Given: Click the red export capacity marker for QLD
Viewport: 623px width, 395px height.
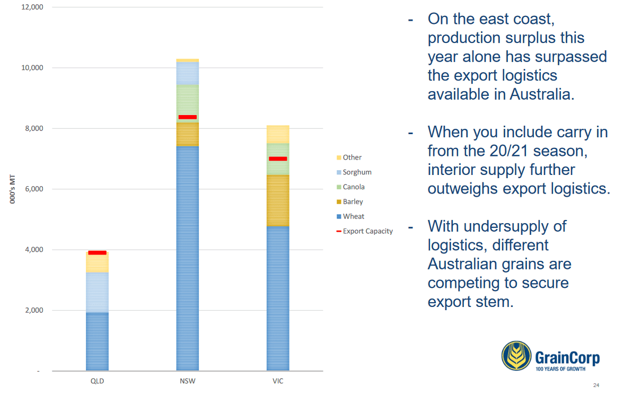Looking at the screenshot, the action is click(98, 253).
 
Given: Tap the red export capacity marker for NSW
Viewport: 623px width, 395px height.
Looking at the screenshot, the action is click(188, 117).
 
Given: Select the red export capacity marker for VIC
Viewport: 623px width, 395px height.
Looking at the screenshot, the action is click(278, 159).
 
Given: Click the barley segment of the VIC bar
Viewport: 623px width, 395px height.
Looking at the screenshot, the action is click(278, 200).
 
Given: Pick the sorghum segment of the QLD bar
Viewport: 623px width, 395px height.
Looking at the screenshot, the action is click(98, 293).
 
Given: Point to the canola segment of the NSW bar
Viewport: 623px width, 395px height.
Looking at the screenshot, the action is click(188, 104).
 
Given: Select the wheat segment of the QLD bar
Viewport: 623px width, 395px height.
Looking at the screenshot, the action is click(98, 342).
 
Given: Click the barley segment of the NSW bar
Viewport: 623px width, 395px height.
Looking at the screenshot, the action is click(188, 134).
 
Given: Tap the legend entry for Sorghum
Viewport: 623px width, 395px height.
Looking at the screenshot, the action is click(354, 172).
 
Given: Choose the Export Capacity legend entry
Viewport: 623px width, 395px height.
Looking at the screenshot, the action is click(364, 231).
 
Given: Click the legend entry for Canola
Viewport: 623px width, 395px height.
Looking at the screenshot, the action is click(350, 187).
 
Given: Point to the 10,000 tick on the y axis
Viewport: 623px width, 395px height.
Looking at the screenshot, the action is click(32, 68).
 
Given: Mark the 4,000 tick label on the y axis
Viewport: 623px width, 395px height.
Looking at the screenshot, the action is click(34, 250).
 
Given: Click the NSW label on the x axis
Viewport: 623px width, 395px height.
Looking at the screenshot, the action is click(188, 381).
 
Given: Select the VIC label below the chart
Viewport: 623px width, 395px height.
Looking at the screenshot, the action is click(278, 381).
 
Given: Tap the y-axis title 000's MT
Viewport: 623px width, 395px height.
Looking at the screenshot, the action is click(12, 189).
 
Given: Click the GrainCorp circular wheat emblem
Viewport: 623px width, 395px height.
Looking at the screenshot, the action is click(516, 356).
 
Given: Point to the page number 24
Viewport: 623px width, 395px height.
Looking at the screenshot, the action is click(596, 385).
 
